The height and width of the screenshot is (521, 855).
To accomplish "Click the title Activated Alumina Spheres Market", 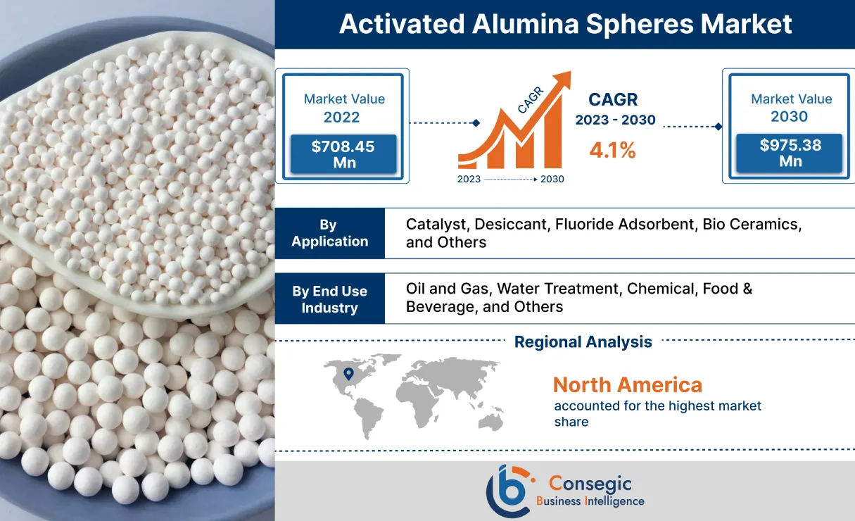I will [x=565, y=24].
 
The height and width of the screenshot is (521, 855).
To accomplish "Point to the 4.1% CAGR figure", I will [x=612, y=150].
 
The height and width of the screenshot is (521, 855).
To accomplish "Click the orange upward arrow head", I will [x=564, y=79].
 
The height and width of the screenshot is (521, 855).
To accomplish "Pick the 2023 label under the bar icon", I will [x=469, y=179].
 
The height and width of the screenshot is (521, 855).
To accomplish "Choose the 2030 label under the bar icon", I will [x=552, y=179].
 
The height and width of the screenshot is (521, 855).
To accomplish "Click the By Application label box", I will [x=329, y=233].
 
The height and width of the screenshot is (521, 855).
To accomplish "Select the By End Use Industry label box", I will [x=329, y=299].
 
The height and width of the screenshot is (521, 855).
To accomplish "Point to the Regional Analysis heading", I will [x=583, y=342].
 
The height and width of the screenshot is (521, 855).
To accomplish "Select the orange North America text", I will [x=627, y=384].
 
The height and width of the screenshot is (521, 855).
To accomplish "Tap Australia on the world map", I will [x=490, y=420].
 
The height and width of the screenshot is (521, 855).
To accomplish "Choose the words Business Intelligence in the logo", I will [x=590, y=501].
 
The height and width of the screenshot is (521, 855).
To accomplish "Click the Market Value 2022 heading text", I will [x=344, y=108].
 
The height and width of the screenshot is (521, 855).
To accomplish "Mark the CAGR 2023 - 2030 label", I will [x=615, y=110].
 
